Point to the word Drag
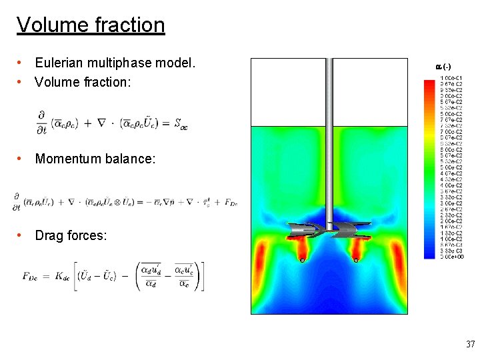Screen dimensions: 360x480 (x=49, y=235)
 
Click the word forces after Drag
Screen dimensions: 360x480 (x=87, y=235)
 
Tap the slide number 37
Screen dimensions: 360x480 (x=470, y=345)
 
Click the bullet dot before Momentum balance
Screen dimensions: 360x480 (x=22, y=159)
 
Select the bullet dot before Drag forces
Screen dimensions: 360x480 (x=22, y=235)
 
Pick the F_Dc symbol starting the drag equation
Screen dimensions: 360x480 (x=31, y=275)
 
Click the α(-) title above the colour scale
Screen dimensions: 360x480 (x=443, y=67)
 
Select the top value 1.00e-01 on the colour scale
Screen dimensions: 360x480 (x=453, y=79)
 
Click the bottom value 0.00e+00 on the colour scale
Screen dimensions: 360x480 (x=453, y=257)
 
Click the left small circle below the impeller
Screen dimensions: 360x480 (x=302, y=260)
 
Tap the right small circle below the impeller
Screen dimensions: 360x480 (x=356, y=260)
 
